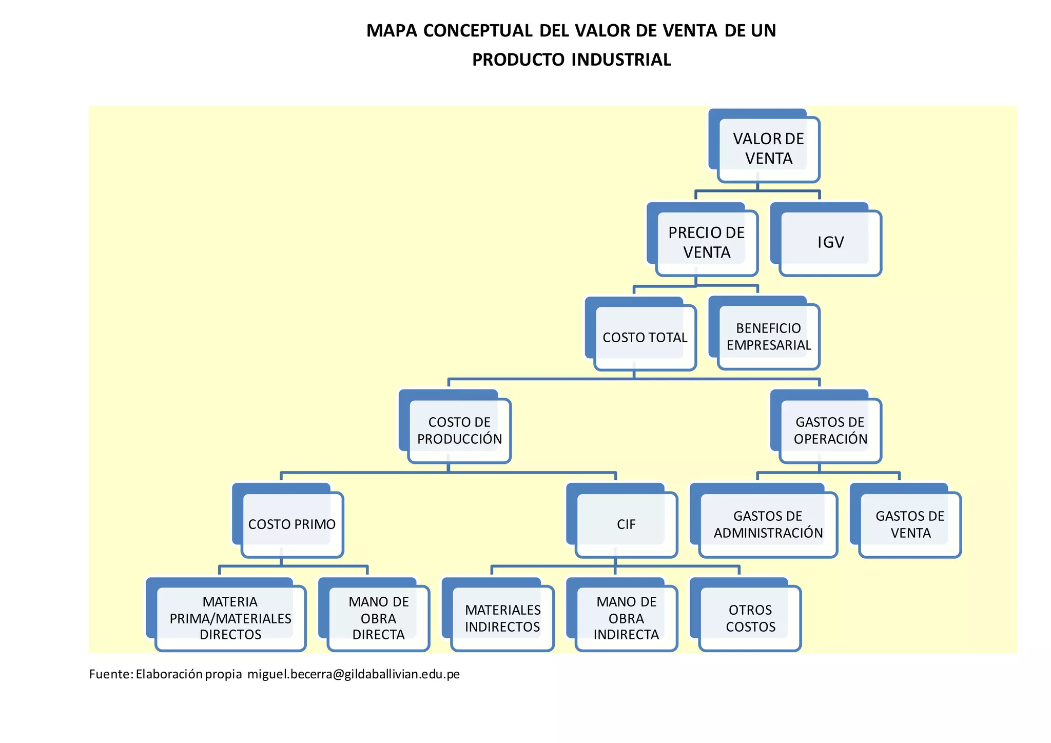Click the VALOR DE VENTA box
[x=768, y=149]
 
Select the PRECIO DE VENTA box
[x=706, y=243]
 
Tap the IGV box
[x=830, y=243]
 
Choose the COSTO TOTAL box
[x=645, y=338]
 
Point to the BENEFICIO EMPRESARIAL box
[x=768, y=337]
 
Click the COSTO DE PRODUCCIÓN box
[x=459, y=431]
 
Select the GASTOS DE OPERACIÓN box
[x=830, y=431]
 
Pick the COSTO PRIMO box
[x=291, y=524]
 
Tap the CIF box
[x=626, y=524]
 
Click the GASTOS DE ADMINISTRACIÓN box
[x=768, y=524]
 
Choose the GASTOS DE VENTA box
[x=910, y=524]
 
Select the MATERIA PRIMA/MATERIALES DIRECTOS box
[x=230, y=618]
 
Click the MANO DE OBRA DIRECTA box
[x=378, y=618]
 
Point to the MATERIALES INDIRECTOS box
[x=502, y=618]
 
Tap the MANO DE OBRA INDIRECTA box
[x=626, y=618]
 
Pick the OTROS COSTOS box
[x=750, y=618]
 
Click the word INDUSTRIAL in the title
[x=620, y=60]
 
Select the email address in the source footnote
[x=354, y=674]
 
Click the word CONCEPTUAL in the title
[x=478, y=31]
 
